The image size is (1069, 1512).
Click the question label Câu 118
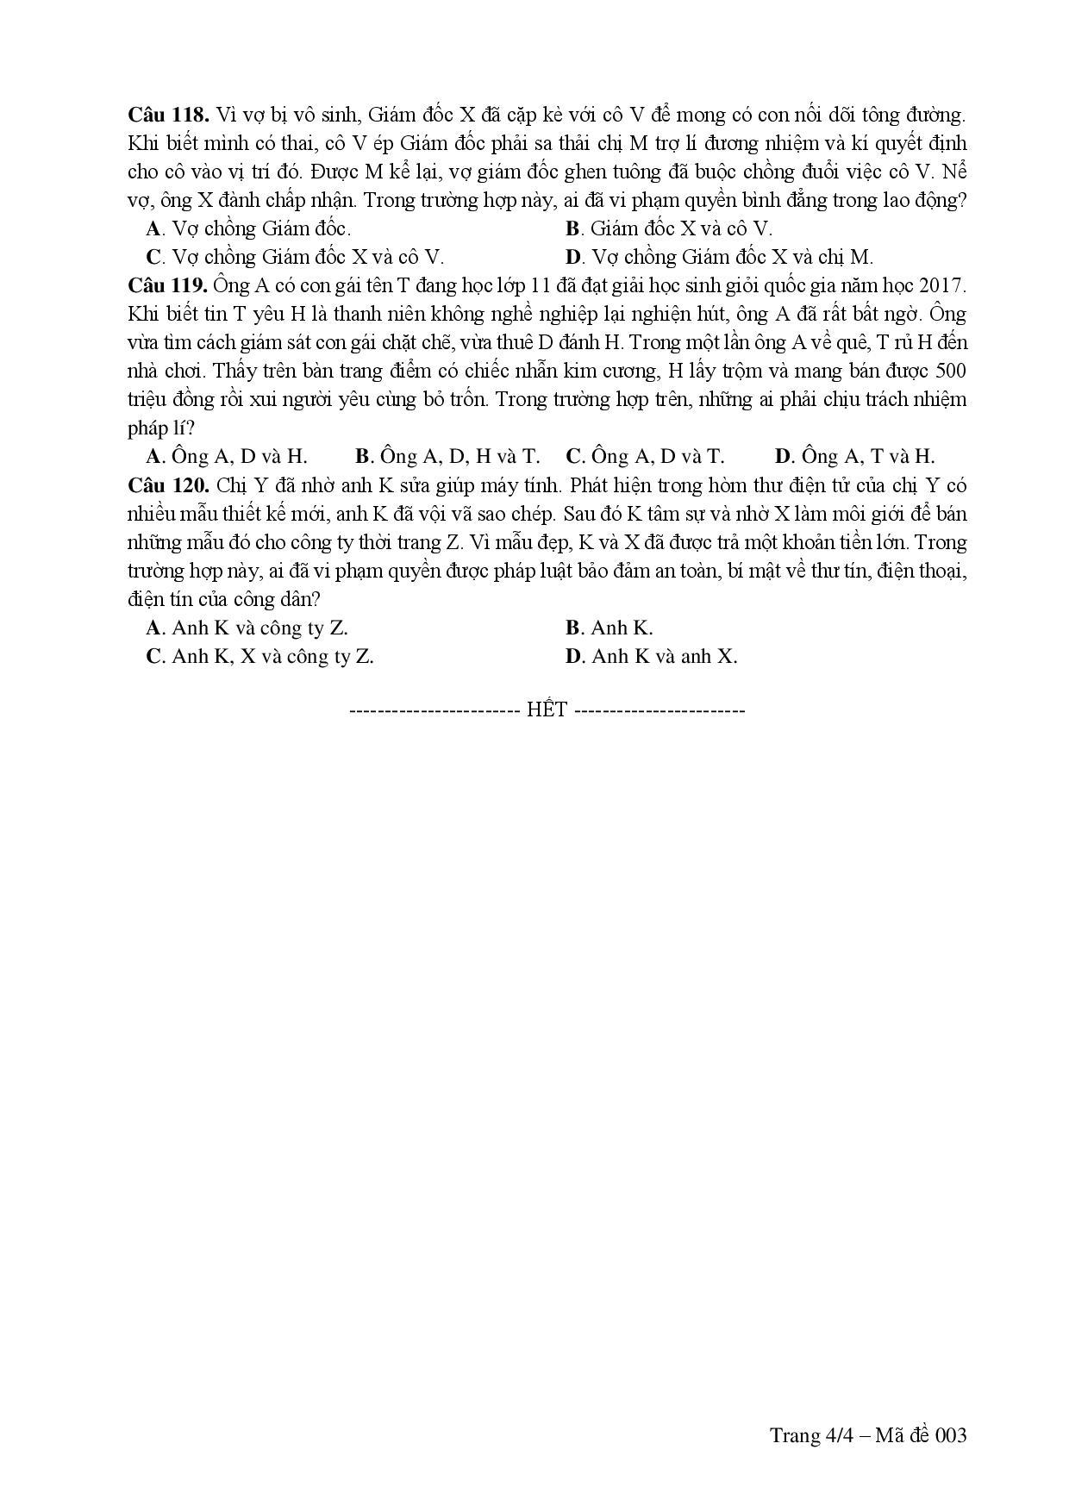tap(168, 116)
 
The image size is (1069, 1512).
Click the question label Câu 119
tap(168, 285)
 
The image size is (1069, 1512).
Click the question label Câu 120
tap(168, 484)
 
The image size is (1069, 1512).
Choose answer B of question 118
tap(668, 228)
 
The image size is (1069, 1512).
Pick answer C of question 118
tap(295, 257)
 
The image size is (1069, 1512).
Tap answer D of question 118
tap(719, 257)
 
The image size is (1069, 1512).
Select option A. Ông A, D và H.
tap(227, 456)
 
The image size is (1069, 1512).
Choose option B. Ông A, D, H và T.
tap(447, 456)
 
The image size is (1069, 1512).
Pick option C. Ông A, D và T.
tap(645, 456)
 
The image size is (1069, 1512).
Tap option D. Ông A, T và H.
tap(854, 456)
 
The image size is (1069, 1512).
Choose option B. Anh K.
tap(609, 628)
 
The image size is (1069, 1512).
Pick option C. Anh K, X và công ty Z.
tap(260, 656)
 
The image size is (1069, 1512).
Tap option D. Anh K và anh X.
tap(651, 656)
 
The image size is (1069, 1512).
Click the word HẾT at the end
tap(547, 709)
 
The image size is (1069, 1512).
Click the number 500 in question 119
tap(950, 371)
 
